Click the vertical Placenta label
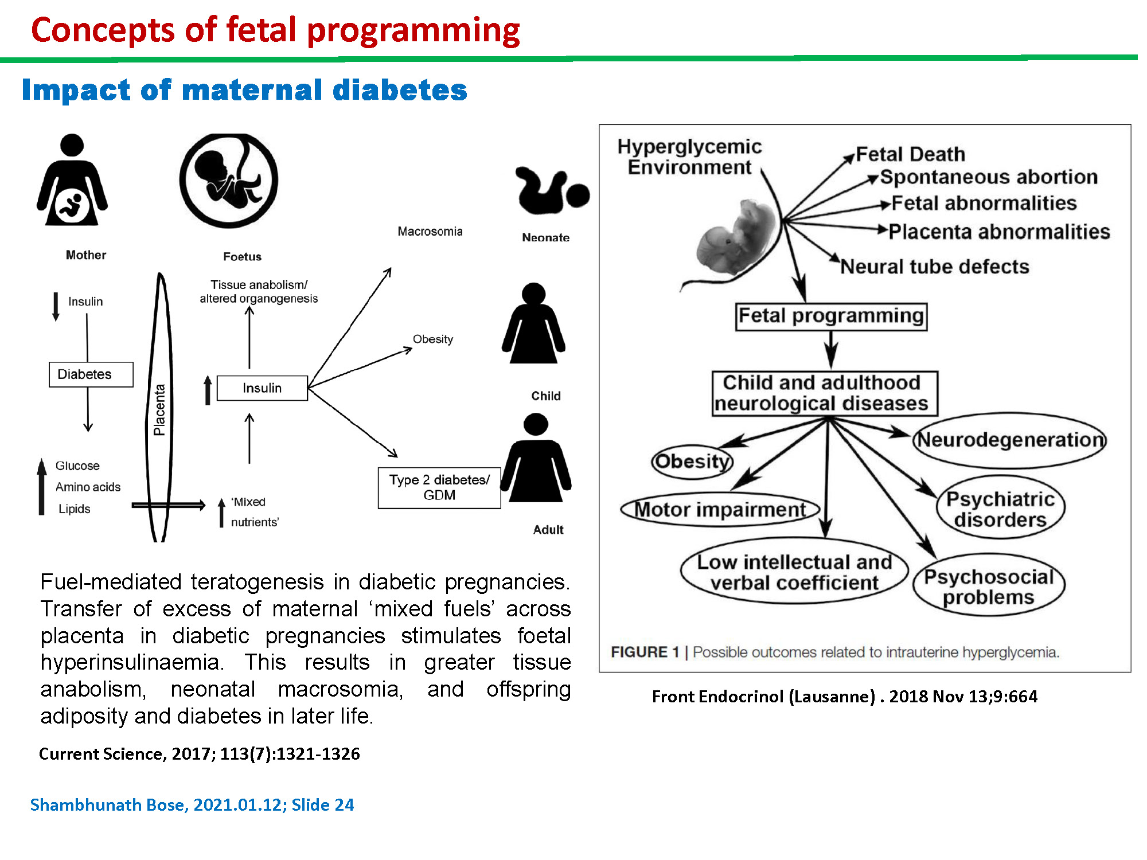(x=159, y=409)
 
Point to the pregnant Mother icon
(x=72, y=180)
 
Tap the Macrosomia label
(x=430, y=232)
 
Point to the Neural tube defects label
(x=935, y=267)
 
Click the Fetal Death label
(x=911, y=154)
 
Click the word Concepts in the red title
(x=103, y=30)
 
